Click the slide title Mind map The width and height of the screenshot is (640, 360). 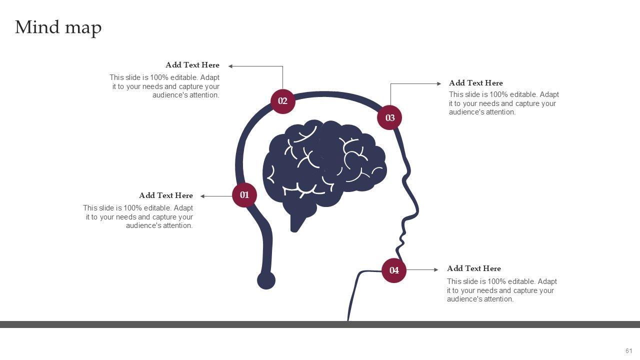coord(58,27)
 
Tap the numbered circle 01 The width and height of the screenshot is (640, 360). coord(244,195)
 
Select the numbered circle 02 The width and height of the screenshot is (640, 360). coord(282,101)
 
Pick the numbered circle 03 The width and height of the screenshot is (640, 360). coord(390,118)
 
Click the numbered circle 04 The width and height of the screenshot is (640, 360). coord(394,270)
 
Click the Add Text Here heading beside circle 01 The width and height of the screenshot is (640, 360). coord(165,195)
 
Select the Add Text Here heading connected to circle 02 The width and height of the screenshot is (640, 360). coord(192,65)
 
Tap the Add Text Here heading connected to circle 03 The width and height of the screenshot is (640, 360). coord(475,83)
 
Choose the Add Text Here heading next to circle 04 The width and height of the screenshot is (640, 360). coord(473,268)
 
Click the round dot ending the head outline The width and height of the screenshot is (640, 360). coord(266,280)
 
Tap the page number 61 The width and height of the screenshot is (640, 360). coord(628,351)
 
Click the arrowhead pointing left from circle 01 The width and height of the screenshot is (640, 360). coord(203,196)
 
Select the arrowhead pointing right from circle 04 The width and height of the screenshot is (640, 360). coord(436,270)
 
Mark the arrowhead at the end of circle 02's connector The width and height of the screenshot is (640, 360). coord(231,66)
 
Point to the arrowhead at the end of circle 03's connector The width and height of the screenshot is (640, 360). coord(439,84)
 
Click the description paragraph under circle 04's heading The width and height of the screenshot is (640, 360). coord(501,290)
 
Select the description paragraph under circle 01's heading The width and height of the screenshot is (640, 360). coord(138,217)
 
